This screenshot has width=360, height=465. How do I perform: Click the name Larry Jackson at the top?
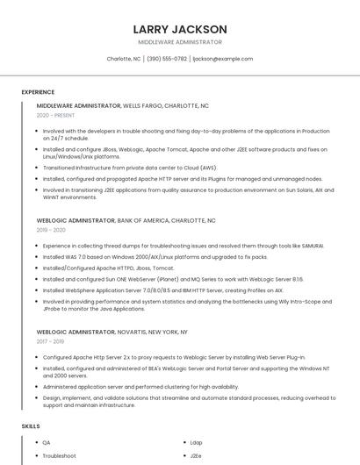[x=180, y=29]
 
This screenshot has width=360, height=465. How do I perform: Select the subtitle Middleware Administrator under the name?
[x=180, y=42]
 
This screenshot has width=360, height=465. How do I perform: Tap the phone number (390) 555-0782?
[x=167, y=59]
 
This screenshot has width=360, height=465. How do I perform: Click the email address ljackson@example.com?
[x=222, y=59]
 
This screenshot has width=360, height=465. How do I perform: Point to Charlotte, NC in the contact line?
[x=124, y=59]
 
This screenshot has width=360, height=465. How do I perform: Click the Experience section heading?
[x=38, y=91]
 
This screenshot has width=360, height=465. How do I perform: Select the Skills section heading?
[x=31, y=426]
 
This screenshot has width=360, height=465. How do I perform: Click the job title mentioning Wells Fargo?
[x=122, y=105]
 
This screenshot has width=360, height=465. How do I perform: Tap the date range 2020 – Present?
[x=55, y=115]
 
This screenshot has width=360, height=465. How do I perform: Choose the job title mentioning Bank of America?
[x=126, y=220]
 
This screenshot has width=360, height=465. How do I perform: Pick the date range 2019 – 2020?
[x=51, y=230]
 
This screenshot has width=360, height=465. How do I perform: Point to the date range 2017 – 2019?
[x=51, y=341]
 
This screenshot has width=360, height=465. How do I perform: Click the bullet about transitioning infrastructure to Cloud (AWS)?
[x=129, y=168]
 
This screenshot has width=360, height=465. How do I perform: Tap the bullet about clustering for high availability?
[x=140, y=386]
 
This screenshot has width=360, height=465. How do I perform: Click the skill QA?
[x=47, y=443]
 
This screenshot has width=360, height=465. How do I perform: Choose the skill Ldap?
[x=196, y=443]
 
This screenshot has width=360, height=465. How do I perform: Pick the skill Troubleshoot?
[x=60, y=456]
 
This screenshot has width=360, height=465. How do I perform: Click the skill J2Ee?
[x=196, y=456]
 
